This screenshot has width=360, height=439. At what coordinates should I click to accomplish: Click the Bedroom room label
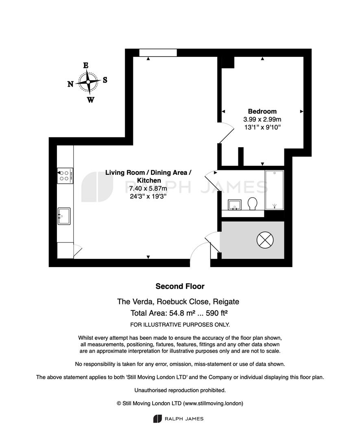click(x=262, y=111)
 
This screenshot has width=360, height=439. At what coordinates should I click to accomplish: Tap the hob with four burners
click(x=65, y=176)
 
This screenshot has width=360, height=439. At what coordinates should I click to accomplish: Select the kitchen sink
click(x=64, y=216)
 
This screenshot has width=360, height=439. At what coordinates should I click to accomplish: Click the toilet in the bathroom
click(x=253, y=204)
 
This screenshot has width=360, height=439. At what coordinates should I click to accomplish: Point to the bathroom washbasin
click(x=234, y=204)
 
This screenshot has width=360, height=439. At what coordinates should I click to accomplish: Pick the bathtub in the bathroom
click(x=275, y=190)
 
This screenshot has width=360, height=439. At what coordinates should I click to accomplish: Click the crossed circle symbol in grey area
click(x=265, y=240)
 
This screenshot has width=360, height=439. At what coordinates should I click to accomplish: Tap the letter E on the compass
click(x=86, y=65)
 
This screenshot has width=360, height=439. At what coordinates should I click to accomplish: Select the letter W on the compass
click(x=90, y=100)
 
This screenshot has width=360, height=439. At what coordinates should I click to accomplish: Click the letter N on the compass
click(x=71, y=84)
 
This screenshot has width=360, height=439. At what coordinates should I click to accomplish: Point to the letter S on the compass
click(x=105, y=80)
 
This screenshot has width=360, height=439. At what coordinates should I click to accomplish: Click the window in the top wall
click(x=158, y=52)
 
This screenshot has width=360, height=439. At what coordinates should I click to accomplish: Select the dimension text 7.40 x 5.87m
click(x=148, y=189)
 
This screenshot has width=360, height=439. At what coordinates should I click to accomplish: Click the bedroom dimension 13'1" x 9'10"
click(x=262, y=127)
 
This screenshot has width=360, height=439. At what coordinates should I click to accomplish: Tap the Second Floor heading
click(x=180, y=286)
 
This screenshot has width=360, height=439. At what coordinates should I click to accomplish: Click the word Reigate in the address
click(x=226, y=302)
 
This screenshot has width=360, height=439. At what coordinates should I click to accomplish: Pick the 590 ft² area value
click(x=216, y=313)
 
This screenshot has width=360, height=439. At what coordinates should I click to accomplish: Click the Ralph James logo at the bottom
click(x=178, y=419)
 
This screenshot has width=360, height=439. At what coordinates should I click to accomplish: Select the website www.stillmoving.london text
click(x=213, y=404)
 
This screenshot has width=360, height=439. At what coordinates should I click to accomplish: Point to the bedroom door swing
click(x=226, y=133)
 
